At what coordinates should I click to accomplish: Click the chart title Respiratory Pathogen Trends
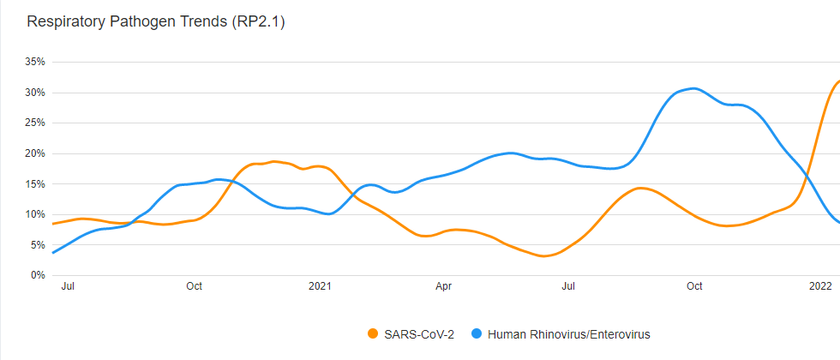coord(155,22)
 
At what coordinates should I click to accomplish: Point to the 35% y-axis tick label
coord(35,62)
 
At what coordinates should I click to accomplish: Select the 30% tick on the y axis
coord(35,93)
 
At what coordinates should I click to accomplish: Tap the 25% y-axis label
coord(35,123)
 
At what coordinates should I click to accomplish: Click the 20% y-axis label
coord(35,153)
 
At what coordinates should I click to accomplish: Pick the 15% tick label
coord(35,183)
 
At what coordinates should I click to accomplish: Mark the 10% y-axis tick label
coord(35,214)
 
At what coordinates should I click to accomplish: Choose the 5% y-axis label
coord(38,244)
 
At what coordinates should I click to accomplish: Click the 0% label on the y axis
coord(38,275)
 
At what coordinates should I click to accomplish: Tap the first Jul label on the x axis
coord(69,286)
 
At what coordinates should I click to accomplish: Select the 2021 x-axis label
coord(320,286)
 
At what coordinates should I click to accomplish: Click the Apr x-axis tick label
coord(444,286)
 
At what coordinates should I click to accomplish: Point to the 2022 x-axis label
coord(820,286)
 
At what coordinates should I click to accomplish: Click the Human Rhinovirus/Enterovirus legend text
coord(574,333)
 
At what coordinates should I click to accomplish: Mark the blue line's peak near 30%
coord(693,88)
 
